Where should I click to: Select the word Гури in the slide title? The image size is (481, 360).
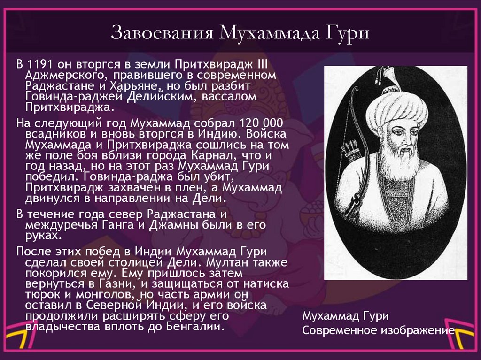click(x=348, y=34)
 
